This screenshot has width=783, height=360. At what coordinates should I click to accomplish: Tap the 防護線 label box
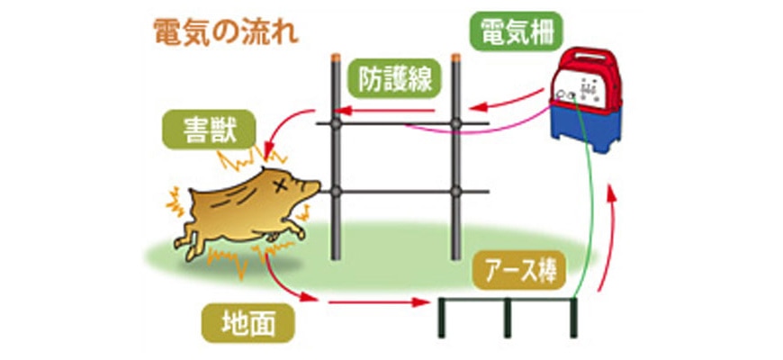point(395,79)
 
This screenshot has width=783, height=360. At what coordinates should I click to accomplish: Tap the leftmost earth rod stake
point(443,319)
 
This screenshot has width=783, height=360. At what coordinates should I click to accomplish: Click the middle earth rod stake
point(507,319)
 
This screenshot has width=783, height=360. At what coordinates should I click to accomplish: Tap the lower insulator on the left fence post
point(337,192)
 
